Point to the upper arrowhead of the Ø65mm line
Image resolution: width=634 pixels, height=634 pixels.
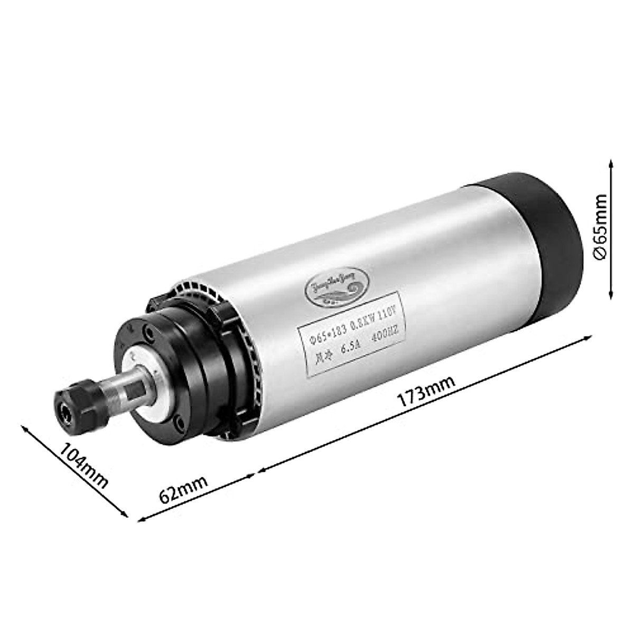point(611,162)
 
